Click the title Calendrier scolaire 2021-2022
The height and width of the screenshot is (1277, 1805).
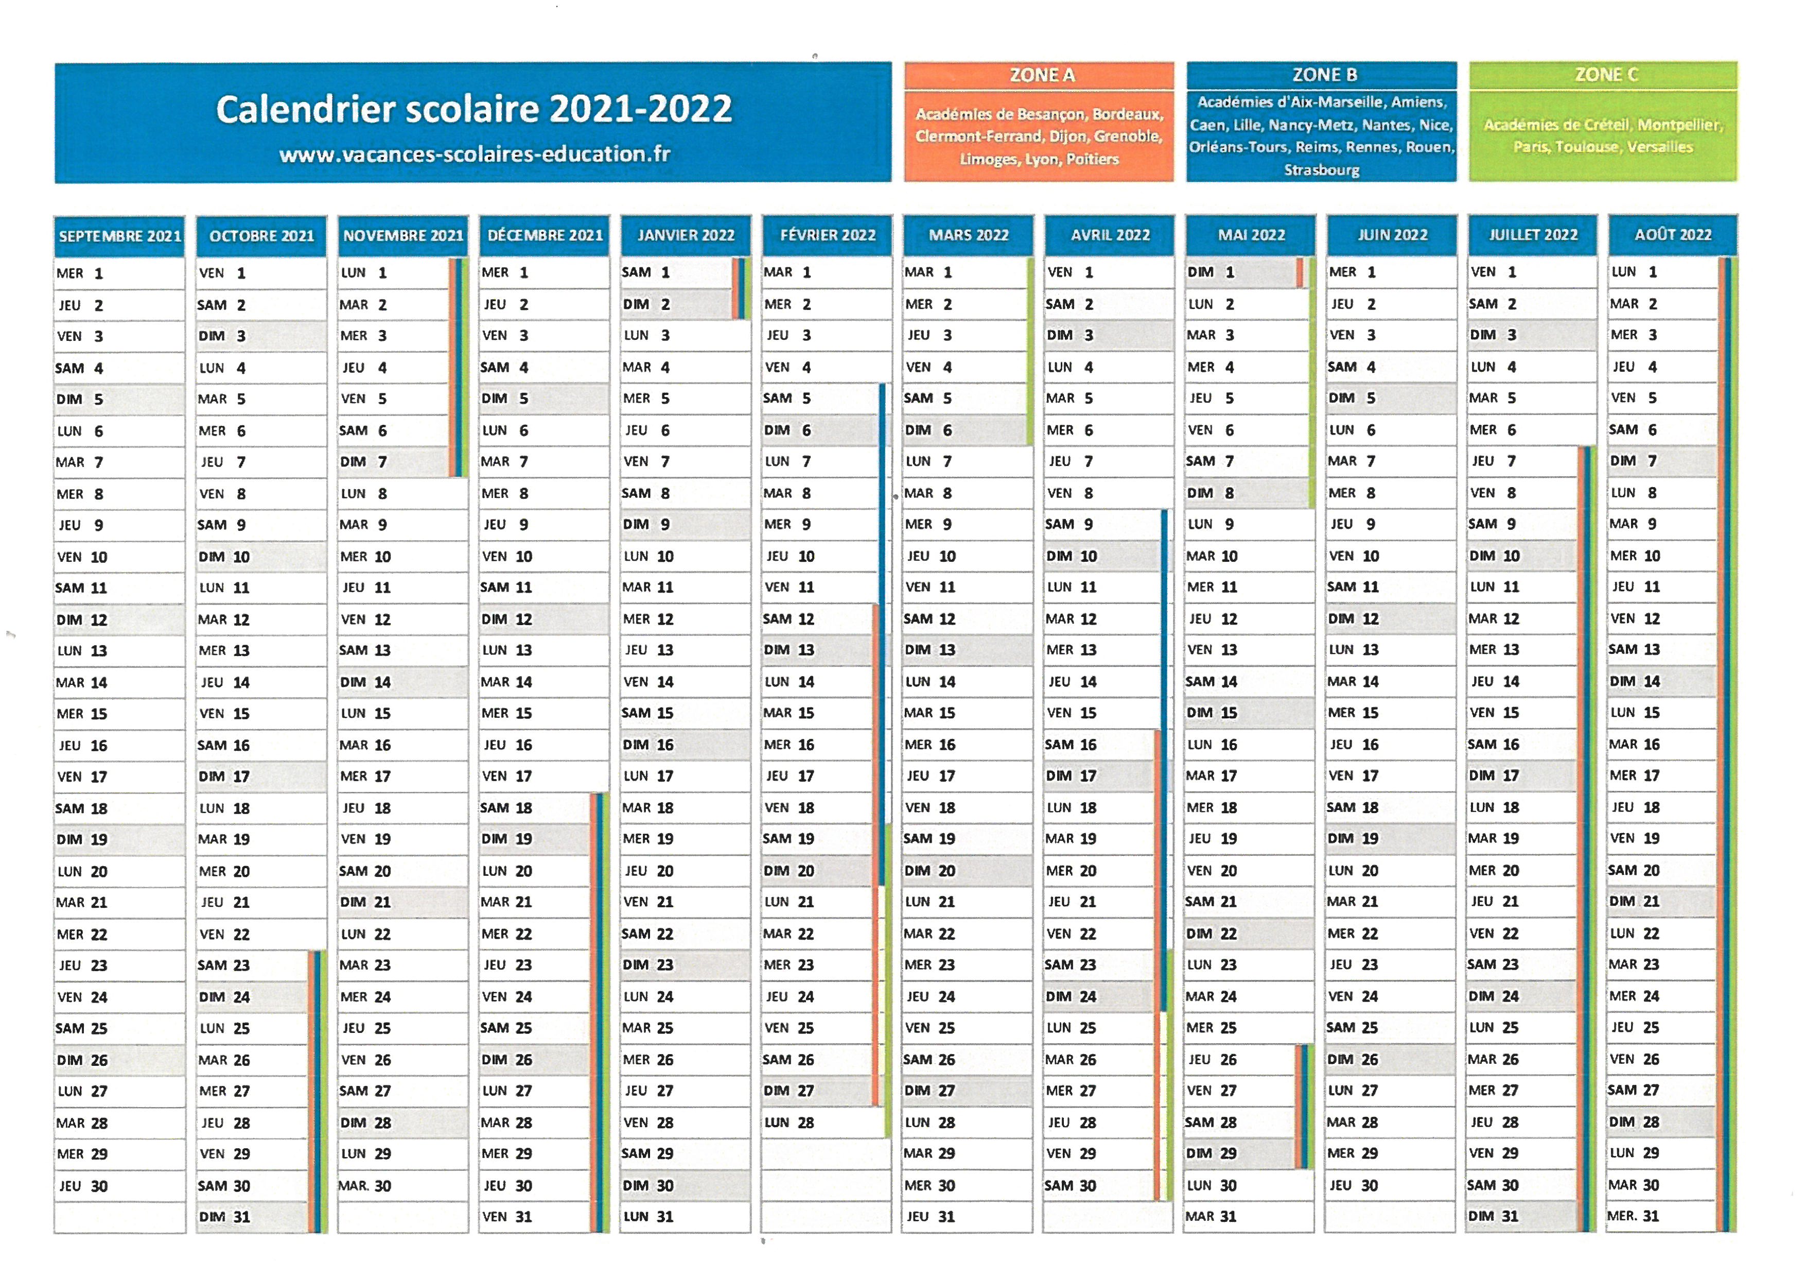pyautogui.click(x=474, y=109)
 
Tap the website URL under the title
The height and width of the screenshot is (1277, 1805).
pyautogui.click(x=475, y=154)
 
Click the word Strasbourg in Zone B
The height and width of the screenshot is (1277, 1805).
pyautogui.click(x=1322, y=170)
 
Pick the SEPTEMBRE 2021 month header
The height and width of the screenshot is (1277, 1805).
pyautogui.click(x=119, y=236)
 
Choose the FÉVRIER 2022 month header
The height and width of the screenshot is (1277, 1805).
pyautogui.click(x=827, y=235)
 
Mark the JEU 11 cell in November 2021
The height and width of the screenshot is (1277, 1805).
pyautogui.click(x=402, y=588)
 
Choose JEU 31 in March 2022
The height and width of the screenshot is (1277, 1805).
pyautogui.click(x=967, y=1216)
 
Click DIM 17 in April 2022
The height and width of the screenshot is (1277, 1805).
pyautogui.click(x=1109, y=776)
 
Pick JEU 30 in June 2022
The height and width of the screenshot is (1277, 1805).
pyautogui.click(x=1391, y=1185)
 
